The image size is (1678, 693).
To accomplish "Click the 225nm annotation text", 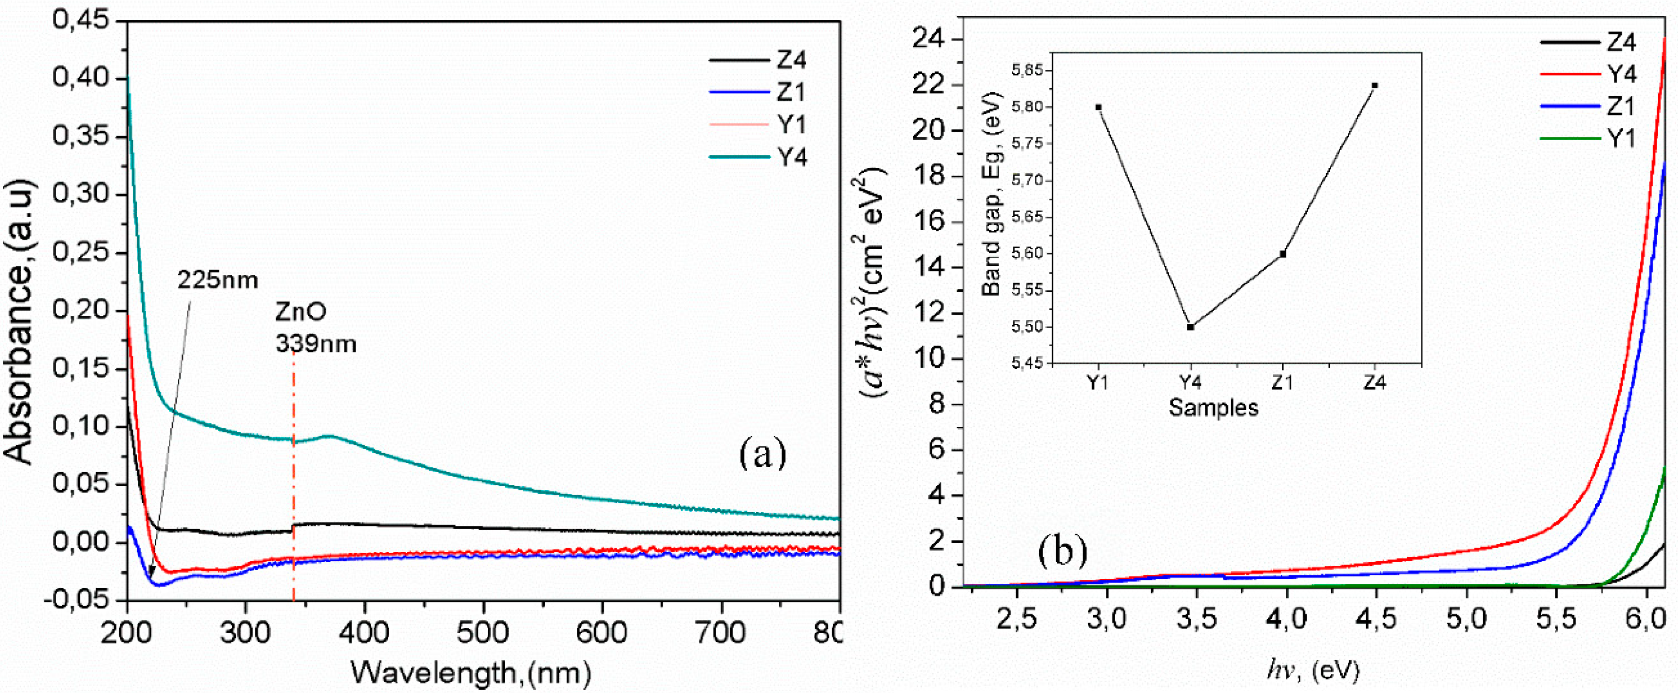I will click(x=217, y=280).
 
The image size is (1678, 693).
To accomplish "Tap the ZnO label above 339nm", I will click(x=301, y=312).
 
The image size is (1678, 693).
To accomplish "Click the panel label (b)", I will click(x=1062, y=551).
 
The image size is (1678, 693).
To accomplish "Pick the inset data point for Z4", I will click(x=1375, y=85).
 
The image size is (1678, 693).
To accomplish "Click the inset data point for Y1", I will click(x=1098, y=107).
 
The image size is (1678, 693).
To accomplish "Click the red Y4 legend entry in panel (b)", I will click(x=1620, y=74).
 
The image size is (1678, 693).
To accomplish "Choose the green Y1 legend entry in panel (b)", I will click(x=1620, y=138).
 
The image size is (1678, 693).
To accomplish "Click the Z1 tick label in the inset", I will click(x=1282, y=383).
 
